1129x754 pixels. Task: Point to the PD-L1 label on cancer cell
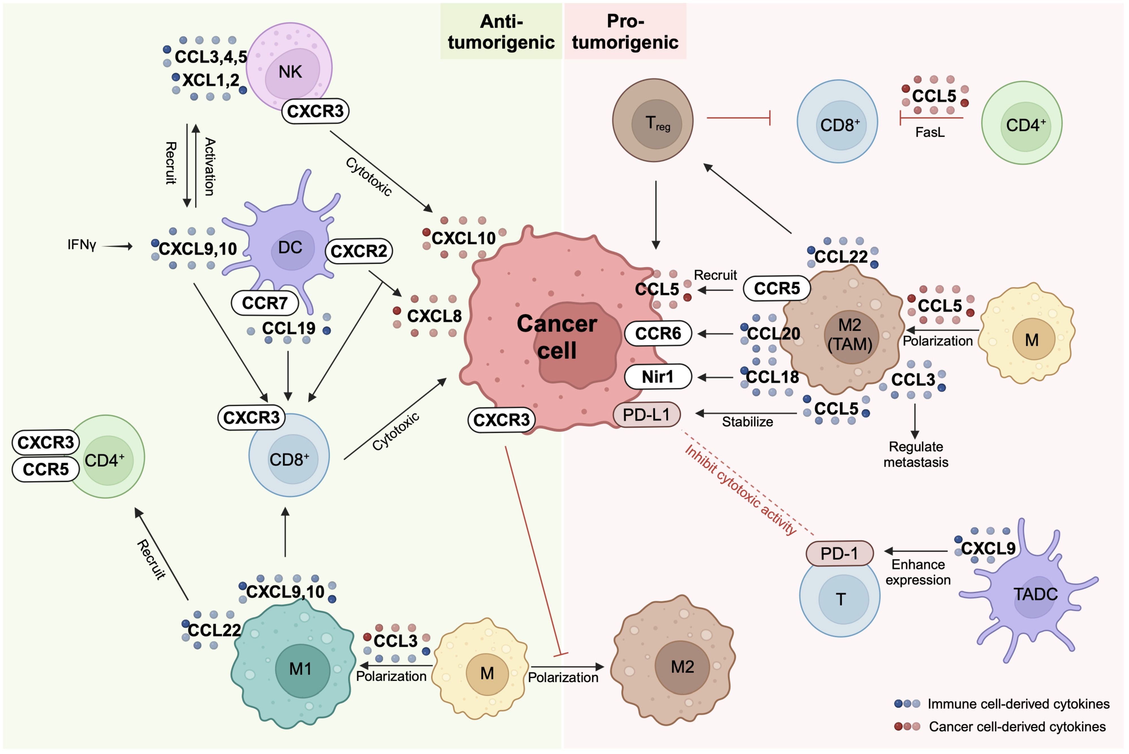(x=646, y=415)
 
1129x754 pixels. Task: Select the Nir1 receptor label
(x=657, y=376)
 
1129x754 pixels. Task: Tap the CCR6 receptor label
(x=657, y=333)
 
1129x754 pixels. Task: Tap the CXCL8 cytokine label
(x=434, y=316)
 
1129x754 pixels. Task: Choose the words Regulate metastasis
(x=916, y=454)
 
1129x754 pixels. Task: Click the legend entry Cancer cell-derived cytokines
(x=1016, y=727)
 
